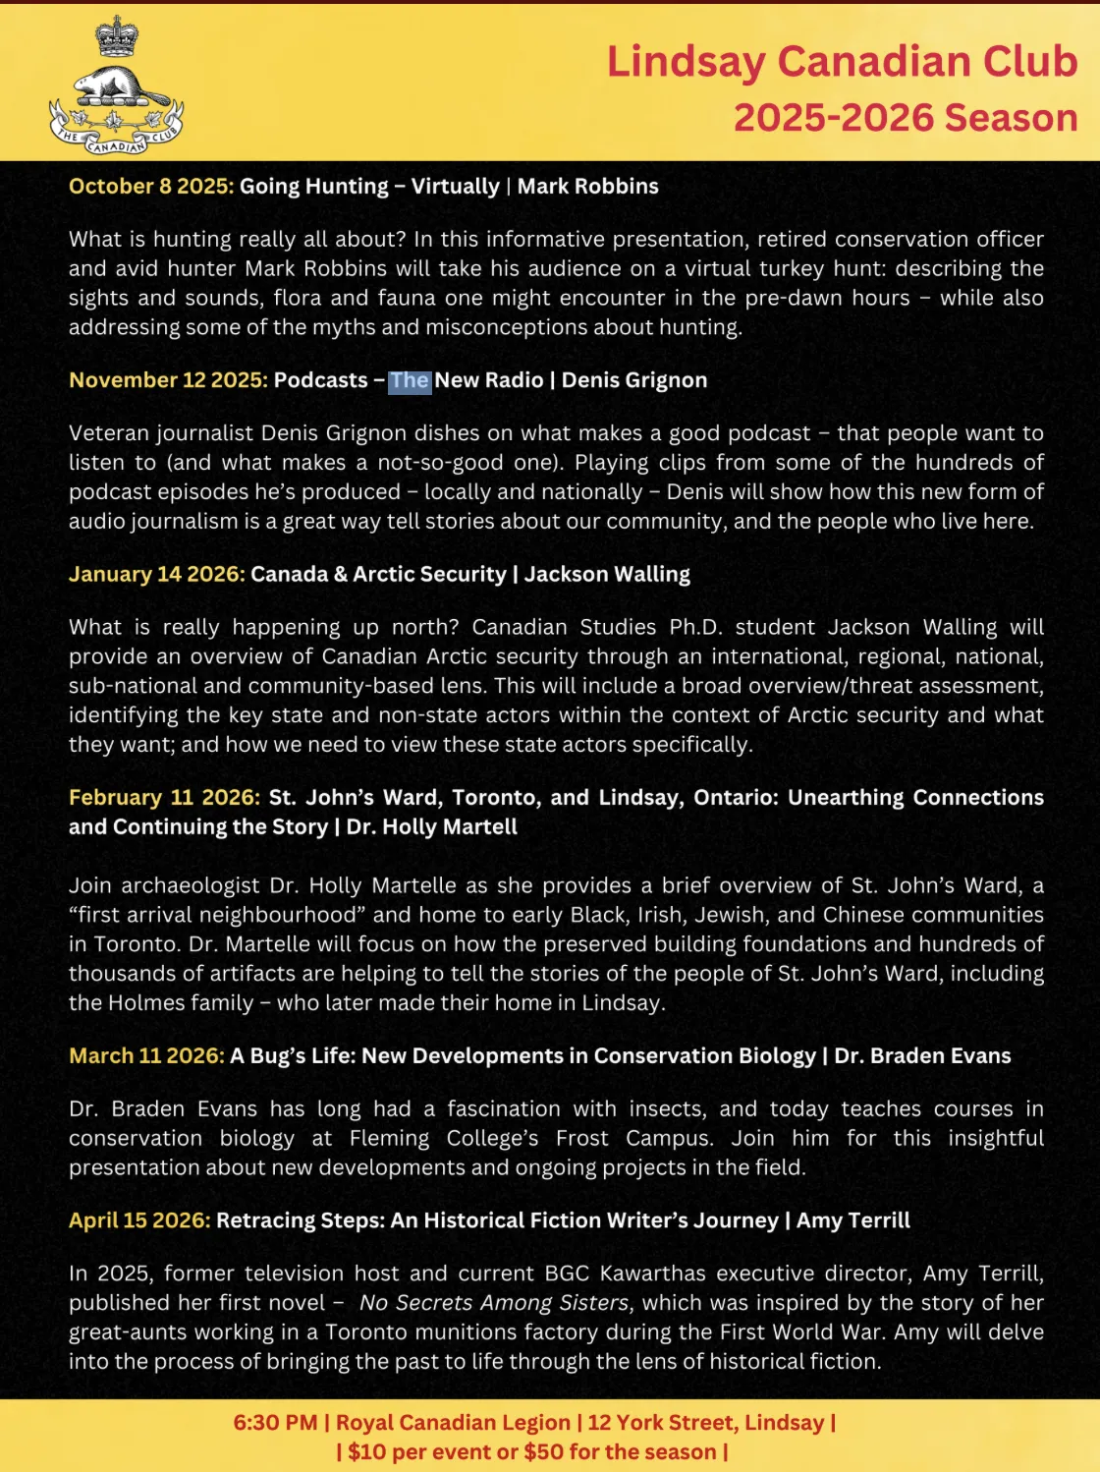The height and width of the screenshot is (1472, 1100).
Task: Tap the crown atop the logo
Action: tap(116, 35)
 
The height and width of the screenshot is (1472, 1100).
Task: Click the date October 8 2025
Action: tap(151, 187)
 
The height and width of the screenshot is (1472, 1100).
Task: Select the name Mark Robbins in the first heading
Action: tap(587, 187)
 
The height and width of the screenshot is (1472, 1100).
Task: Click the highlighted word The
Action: tap(410, 380)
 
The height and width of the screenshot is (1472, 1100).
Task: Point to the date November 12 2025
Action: tap(168, 380)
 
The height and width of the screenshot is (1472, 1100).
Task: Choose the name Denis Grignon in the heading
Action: tap(634, 380)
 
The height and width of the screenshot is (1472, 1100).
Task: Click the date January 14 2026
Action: tap(157, 574)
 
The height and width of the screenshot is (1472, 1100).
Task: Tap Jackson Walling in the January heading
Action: tap(607, 574)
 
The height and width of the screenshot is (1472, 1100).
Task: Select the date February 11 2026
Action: tap(164, 797)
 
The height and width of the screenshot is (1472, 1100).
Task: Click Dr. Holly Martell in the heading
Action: tap(432, 826)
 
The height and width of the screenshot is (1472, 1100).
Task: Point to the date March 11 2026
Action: tap(146, 1055)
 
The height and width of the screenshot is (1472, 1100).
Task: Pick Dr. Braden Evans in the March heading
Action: tap(922, 1055)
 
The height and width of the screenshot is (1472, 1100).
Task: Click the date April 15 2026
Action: tap(139, 1220)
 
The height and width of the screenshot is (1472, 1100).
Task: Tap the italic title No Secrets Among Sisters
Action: tap(493, 1303)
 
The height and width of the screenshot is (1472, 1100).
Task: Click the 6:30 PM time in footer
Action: tap(275, 1422)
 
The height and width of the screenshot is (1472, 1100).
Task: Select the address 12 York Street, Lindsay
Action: tap(705, 1422)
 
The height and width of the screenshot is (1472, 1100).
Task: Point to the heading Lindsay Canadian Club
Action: tap(842, 61)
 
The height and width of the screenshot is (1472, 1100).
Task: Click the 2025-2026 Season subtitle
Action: tap(906, 118)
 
